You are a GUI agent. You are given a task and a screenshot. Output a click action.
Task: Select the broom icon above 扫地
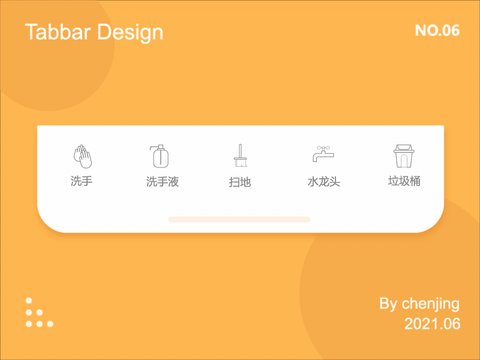(x=240, y=156)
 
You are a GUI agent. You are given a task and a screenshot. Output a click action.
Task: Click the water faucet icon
(x=323, y=155)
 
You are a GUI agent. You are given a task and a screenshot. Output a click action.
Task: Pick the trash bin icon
(x=404, y=156)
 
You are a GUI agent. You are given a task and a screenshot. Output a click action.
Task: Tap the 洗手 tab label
(x=82, y=181)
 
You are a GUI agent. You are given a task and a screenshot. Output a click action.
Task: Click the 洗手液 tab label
(x=163, y=182)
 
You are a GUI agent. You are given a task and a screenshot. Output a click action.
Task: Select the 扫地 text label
(x=240, y=182)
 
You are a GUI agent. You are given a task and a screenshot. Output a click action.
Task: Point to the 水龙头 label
(x=324, y=182)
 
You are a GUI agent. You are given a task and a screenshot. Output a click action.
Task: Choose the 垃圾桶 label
(x=404, y=181)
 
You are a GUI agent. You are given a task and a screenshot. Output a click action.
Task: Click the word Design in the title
(x=130, y=32)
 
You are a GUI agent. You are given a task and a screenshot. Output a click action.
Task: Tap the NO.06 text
(x=437, y=31)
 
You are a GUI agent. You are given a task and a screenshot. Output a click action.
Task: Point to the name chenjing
(x=431, y=304)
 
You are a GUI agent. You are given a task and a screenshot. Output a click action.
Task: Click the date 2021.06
(x=433, y=324)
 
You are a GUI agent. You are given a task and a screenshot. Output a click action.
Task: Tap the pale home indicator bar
(x=239, y=220)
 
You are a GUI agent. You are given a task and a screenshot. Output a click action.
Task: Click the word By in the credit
(x=388, y=304)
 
